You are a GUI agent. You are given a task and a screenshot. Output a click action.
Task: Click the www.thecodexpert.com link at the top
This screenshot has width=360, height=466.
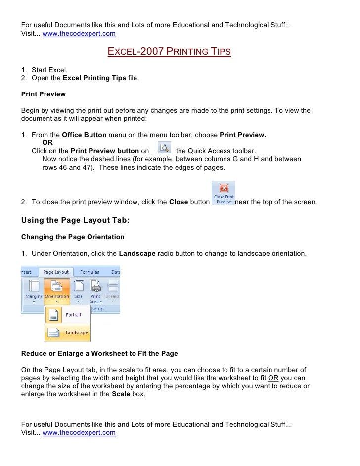tap(79, 34)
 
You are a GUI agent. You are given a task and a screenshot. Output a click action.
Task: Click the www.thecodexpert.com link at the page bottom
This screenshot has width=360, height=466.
tap(79, 432)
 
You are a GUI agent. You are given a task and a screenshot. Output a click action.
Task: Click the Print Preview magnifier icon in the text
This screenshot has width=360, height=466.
tap(164, 148)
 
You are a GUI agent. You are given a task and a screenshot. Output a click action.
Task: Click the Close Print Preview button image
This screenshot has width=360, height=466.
tap(224, 193)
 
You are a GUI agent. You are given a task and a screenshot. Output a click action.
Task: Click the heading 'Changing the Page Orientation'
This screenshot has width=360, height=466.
tap(73, 237)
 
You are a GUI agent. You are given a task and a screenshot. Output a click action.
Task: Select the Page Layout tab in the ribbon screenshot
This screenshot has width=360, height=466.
tap(56, 272)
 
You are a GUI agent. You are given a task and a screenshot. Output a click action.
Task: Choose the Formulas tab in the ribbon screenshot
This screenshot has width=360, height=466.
tap(89, 272)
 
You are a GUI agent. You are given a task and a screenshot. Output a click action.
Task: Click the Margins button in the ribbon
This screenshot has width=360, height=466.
tap(34, 290)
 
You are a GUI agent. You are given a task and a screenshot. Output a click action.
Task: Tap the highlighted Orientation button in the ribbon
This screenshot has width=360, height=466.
tap(57, 290)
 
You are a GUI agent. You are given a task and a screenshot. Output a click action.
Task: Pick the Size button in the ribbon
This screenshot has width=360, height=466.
tap(79, 290)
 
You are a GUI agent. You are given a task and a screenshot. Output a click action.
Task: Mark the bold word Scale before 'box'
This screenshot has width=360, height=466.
tap(122, 394)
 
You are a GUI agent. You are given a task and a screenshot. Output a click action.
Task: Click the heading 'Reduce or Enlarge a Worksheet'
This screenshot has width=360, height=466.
tap(99, 354)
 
